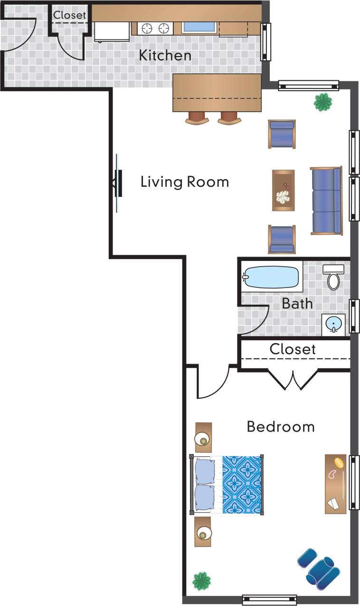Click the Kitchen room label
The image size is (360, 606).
pyautogui.click(x=165, y=56)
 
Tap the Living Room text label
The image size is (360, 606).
pyautogui.click(x=184, y=182)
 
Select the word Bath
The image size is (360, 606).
pyautogui.click(x=297, y=303)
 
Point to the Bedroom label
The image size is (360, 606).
pyautogui.click(x=280, y=427)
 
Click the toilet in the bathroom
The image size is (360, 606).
pyautogui.click(x=334, y=278)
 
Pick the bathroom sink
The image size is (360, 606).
pyautogui.click(x=333, y=324)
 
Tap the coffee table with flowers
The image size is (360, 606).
pyautogui.click(x=283, y=190)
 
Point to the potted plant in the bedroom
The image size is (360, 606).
pyautogui.click(x=201, y=580)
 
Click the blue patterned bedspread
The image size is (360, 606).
pyautogui.click(x=242, y=484)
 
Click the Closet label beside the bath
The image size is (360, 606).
pyautogui.click(x=293, y=349)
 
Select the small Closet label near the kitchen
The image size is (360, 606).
pyautogui.click(x=70, y=15)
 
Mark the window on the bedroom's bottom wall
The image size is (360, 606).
pyautogui.click(x=269, y=600)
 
